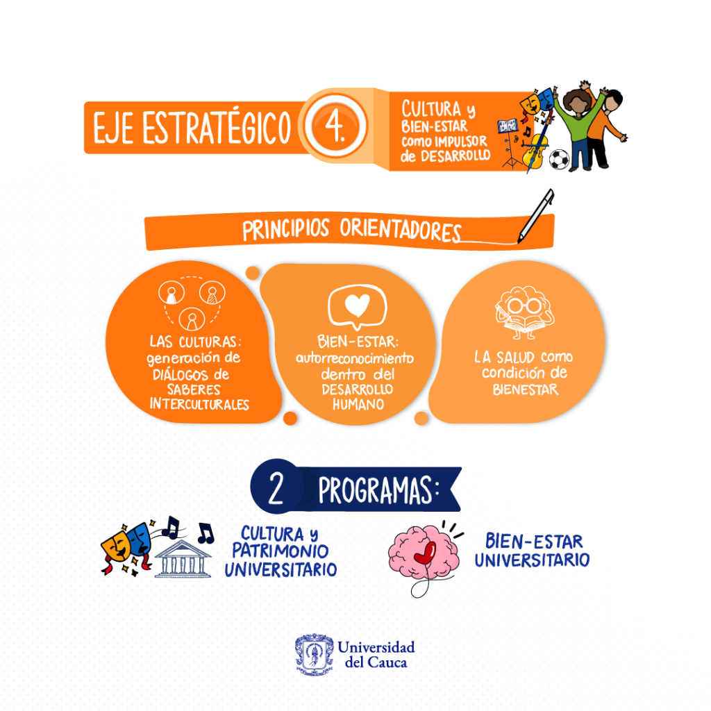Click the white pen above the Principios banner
(x=537, y=216)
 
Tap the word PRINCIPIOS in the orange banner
(x=286, y=231)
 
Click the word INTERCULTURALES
(x=199, y=405)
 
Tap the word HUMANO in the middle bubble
(x=357, y=403)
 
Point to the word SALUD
(x=513, y=358)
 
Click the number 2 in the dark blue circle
(x=276, y=489)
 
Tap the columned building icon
(x=183, y=558)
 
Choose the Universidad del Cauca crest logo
(x=314, y=654)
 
